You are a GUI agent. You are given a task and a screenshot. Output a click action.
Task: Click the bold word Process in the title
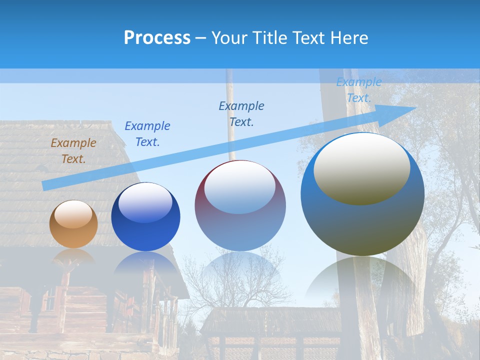(157, 38)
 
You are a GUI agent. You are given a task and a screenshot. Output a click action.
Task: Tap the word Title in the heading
(268, 38)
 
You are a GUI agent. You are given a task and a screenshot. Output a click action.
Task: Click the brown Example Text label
(73, 151)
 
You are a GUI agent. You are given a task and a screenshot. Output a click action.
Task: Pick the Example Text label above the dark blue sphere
(147, 134)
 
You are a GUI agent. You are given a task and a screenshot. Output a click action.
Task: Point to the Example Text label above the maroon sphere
(241, 114)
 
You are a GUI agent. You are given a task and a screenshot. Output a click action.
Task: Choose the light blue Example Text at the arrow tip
(358, 90)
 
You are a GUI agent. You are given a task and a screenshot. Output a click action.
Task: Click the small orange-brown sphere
(73, 224)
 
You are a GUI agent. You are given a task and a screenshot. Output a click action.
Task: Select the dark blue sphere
(145, 217)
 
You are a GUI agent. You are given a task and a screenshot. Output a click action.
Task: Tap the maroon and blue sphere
(240, 206)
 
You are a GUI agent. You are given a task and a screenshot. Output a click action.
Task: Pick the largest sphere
(362, 194)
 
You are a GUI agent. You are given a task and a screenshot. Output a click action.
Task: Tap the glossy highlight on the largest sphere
(361, 169)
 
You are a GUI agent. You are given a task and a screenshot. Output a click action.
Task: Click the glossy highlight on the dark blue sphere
(145, 202)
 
